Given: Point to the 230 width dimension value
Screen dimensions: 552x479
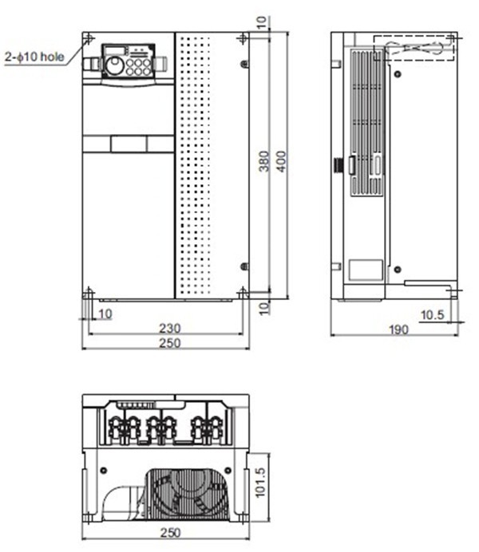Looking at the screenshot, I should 168,327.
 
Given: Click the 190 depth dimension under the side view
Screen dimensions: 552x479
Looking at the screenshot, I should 398,329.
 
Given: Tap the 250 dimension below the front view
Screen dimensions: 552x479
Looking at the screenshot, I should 168,343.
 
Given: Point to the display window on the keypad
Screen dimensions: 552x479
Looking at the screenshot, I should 116,53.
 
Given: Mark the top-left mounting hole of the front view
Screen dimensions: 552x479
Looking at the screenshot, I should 89,39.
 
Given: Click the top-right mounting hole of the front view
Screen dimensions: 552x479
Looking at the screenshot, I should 243,39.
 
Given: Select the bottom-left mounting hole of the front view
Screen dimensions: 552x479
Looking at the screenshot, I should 88,293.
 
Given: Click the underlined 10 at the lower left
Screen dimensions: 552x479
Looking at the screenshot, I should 105,313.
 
